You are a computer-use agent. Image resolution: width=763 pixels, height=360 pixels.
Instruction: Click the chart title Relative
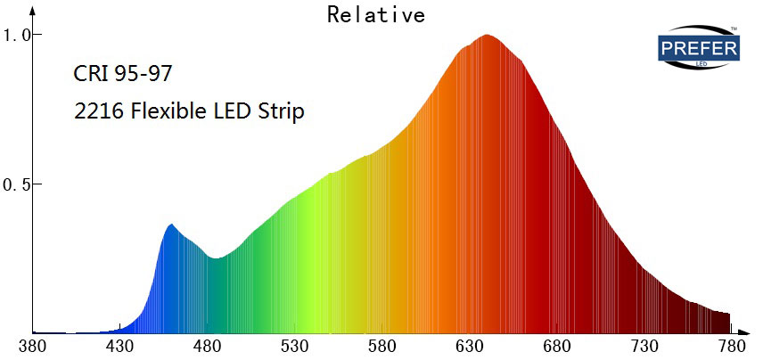(375, 14)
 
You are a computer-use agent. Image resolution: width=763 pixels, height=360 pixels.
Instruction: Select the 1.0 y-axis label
(17, 35)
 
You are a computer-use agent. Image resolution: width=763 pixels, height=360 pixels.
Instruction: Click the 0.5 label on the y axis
(17, 184)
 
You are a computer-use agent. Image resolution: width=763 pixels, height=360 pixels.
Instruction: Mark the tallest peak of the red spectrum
(487, 36)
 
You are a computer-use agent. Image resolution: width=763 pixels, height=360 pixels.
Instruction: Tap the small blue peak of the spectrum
(171, 225)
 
